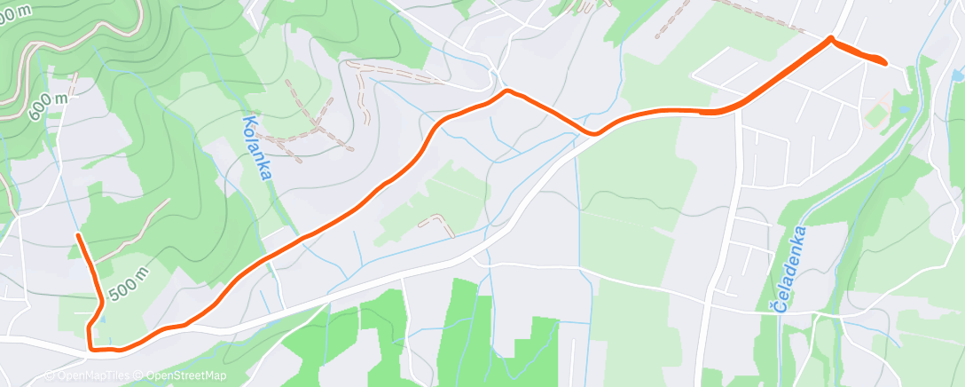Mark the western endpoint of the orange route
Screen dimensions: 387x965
click(79, 235)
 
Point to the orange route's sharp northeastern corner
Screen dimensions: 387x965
click(830, 38)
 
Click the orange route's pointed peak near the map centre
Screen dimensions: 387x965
click(506, 91)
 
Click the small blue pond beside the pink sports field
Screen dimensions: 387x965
click(900, 107)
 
